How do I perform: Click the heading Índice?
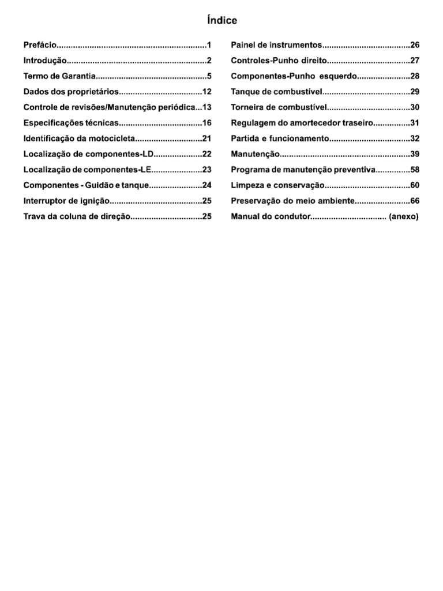click(221, 21)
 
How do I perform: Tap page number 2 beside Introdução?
click(210, 61)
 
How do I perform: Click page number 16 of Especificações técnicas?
click(208, 123)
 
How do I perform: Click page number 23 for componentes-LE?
click(208, 170)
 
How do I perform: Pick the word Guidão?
click(102, 185)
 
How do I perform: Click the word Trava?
click(34, 216)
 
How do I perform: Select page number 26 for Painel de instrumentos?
click(415, 45)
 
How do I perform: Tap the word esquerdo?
click(338, 76)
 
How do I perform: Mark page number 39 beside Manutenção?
click(415, 154)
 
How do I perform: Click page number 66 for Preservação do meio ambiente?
click(415, 201)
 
